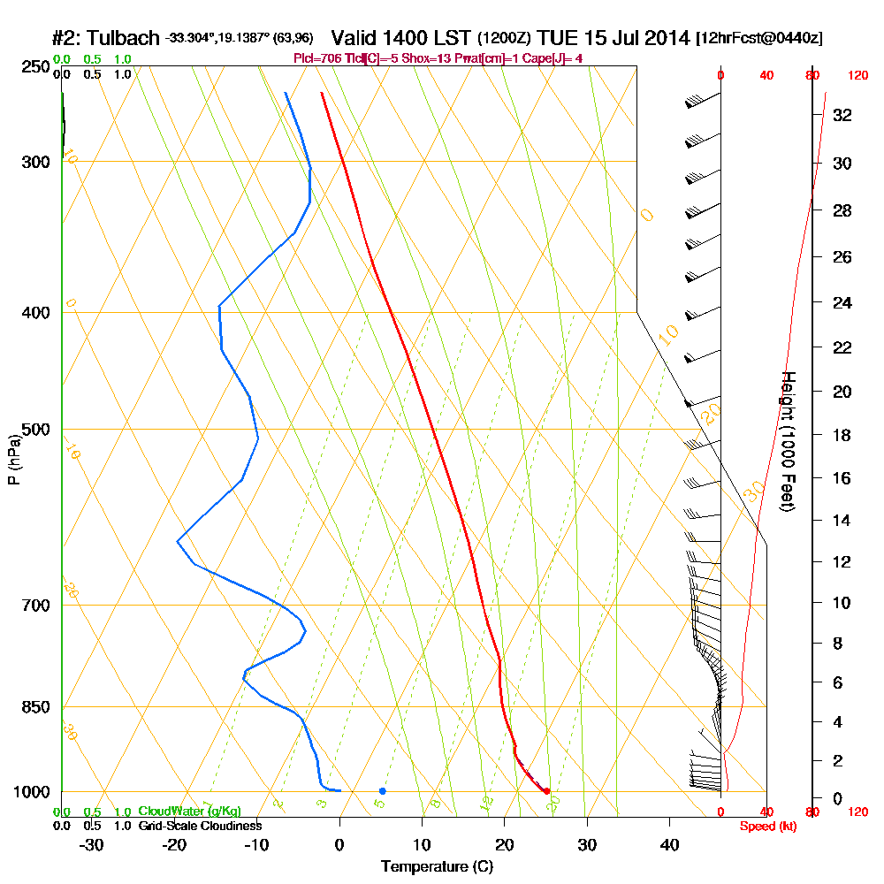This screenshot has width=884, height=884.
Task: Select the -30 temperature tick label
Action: click(92, 845)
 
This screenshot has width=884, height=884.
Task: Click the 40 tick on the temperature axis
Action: click(670, 845)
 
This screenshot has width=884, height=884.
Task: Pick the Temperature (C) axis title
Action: click(437, 867)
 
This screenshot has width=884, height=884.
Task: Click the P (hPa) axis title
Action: click(13, 459)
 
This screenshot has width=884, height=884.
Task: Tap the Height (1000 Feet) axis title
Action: click(786, 441)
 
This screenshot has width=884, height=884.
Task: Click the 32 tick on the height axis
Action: click(842, 115)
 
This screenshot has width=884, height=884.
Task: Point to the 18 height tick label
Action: click(842, 435)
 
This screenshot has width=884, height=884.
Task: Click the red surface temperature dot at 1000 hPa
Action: click(547, 791)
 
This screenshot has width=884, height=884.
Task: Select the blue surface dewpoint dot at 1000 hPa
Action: click(382, 791)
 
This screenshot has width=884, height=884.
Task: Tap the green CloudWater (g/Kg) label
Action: click(189, 812)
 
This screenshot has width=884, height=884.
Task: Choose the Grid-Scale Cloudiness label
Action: click(199, 826)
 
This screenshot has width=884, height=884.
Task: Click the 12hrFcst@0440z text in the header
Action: click(759, 39)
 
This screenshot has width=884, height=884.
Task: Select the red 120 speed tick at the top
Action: click(857, 76)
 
